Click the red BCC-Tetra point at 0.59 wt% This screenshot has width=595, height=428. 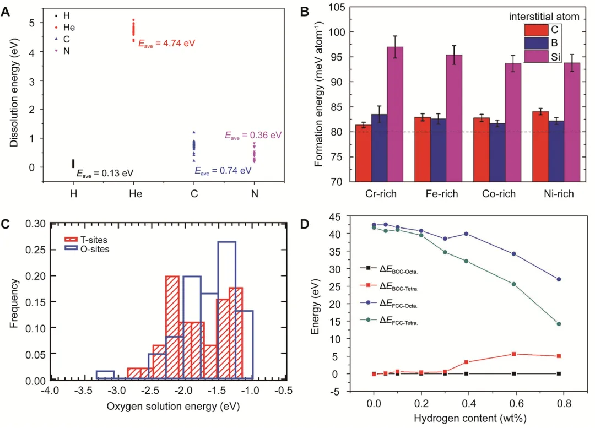tap(513, 354)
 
